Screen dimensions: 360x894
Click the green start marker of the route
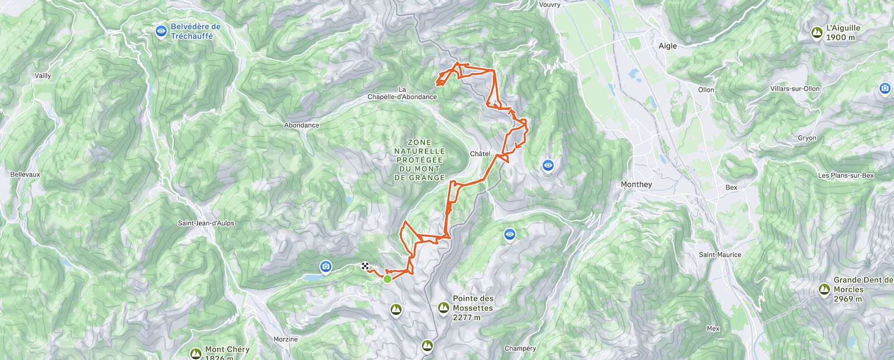click(x=387, y=278)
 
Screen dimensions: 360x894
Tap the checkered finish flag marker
click(x=365, y=266)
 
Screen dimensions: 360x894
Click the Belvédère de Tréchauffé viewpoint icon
click(x=161, y=31)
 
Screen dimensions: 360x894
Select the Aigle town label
click(x=667, y=46)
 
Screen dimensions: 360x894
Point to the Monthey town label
click(x=636, y=184)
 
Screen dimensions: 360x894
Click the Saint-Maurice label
click(x=720, y=254)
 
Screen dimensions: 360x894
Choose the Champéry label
click(x=520, y=348)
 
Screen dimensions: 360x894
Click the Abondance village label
click(x=302, y=125)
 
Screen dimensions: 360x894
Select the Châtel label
click(x=480, y=154)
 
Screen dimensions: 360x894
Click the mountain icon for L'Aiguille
click(x=817, y=33)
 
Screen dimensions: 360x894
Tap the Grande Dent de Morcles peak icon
click(x=824, y=289)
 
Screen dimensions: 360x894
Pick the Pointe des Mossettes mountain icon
click(x=443, y=307)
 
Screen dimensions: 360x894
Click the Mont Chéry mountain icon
click(x=196, y=353)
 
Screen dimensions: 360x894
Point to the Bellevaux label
click(x=25, y=174)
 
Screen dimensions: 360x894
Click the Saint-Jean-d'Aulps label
click(x=206, y=223)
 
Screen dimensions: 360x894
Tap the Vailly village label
click(x=42, y=75)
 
